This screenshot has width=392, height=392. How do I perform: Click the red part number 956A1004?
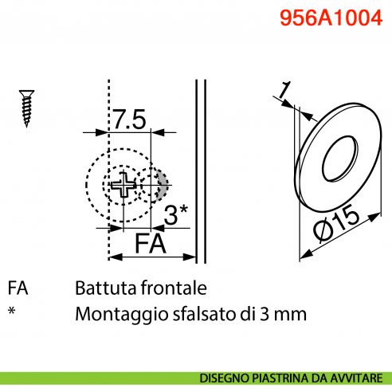[327, 18]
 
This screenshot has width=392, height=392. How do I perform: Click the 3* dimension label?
[174, 214]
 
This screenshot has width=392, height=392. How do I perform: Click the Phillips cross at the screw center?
[125, 188]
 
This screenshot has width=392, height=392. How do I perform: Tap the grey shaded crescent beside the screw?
[163, 185]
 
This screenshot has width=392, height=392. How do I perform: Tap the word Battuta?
[104, 288]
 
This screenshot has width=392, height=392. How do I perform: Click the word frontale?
[171, 288]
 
